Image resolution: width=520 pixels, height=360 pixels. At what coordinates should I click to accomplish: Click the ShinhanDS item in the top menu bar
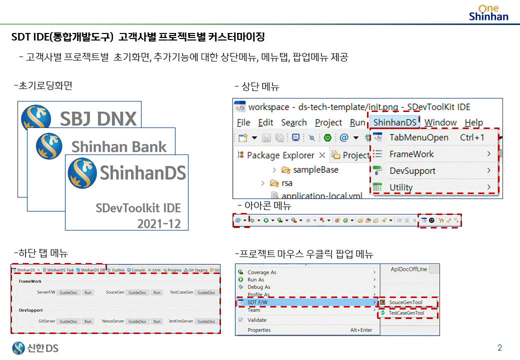(395, 122)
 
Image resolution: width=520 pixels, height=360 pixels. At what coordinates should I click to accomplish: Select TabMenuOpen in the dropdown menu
(418, 137)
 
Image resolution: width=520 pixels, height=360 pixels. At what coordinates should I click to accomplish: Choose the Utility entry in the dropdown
(401, 187)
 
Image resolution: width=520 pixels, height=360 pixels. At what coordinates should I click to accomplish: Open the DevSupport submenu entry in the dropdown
(412, 171)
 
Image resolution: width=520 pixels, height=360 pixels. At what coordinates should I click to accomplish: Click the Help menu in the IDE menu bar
(473, 122)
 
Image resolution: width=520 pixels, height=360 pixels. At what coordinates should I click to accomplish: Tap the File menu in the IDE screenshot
(243, 122)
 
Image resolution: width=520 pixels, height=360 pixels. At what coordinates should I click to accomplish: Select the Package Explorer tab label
(280, 155)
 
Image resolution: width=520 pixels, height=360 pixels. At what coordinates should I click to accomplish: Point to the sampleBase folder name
(315, 170)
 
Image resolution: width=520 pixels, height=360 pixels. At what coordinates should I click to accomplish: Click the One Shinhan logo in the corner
(488, 12)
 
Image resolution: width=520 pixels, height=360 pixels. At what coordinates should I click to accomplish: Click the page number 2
(499, 348)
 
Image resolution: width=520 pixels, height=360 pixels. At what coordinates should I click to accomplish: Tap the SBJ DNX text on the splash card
(98, 119)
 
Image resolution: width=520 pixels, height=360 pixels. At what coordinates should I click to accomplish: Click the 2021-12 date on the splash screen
(159, 223)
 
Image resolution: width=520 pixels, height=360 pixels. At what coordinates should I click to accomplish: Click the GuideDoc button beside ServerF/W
(68, 292)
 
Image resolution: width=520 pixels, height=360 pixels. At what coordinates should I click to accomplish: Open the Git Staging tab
(197, 270)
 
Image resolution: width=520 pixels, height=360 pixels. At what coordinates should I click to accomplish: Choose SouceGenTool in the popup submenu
(405, 302)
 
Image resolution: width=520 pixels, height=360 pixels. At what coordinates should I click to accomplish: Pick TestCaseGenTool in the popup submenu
(406, 313)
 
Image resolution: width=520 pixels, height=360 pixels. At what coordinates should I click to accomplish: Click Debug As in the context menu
(258, 287)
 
